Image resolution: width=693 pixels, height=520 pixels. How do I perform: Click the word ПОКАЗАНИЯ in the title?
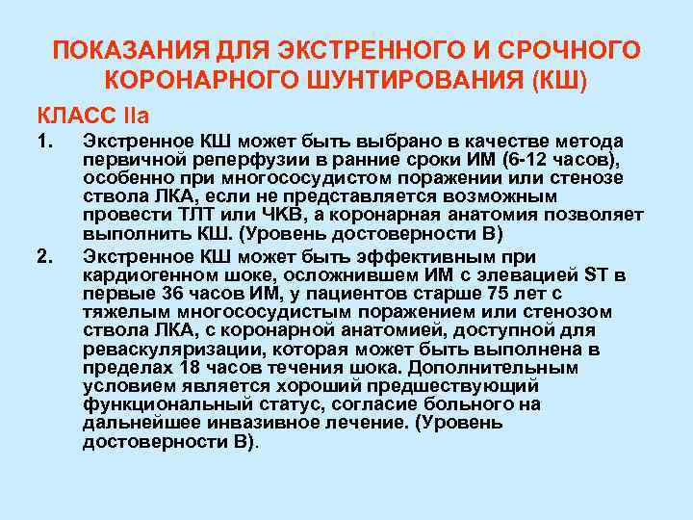pos(117,49)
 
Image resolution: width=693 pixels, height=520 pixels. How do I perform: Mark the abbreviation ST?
pos(596,276)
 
